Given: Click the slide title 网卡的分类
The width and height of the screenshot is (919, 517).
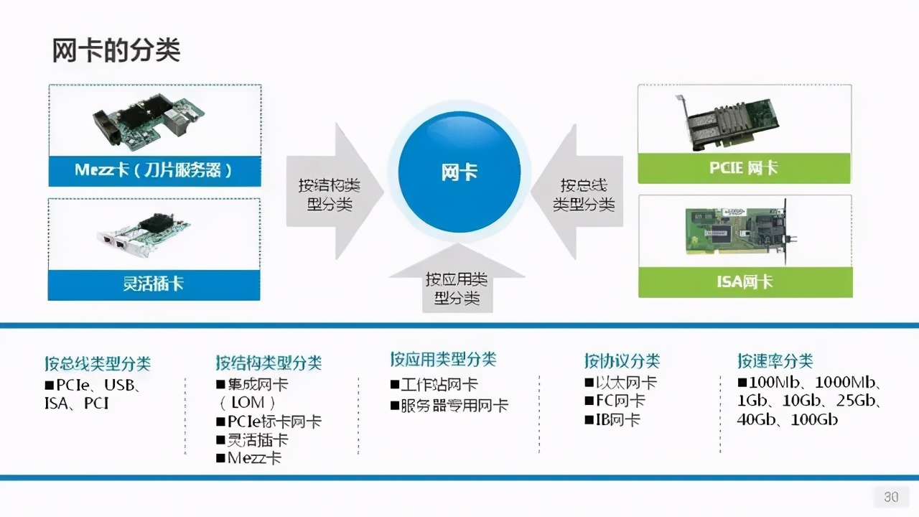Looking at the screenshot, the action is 116,50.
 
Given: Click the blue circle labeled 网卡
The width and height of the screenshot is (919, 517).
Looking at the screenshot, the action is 459,172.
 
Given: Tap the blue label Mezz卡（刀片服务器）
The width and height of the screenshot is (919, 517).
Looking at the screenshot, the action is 154,171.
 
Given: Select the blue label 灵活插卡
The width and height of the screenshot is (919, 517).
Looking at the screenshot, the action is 154,284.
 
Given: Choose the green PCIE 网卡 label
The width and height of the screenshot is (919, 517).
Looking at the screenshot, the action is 745,168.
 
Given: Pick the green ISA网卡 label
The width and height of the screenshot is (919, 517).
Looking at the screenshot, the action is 745,282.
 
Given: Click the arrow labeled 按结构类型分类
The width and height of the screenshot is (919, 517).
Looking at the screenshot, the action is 335,191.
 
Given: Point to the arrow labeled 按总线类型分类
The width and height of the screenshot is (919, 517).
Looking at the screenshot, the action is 577,192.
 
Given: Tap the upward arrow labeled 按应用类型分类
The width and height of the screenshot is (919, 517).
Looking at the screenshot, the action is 457,278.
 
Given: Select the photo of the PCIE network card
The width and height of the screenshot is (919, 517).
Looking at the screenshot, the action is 728,122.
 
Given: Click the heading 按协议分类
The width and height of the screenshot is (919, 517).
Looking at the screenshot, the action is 622,361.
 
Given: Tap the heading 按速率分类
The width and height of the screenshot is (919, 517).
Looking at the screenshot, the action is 775,361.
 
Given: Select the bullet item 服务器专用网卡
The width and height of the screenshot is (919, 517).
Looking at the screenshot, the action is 449,406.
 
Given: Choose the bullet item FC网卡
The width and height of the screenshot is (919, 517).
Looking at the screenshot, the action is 615,401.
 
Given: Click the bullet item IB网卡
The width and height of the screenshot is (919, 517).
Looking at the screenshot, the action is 612,420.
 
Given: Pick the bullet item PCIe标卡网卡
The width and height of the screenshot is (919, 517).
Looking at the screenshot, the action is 269,421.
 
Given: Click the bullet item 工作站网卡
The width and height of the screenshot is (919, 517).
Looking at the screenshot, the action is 434,384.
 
